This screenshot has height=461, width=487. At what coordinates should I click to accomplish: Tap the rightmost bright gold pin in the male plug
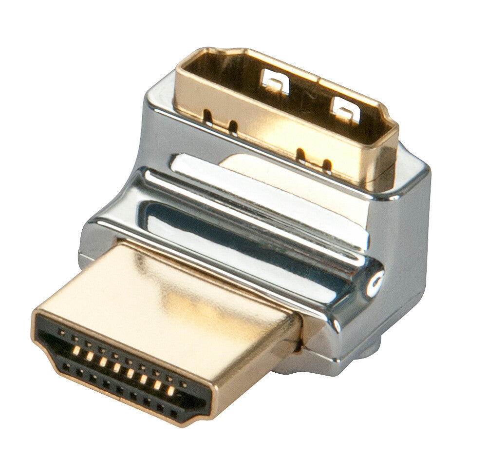172,390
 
